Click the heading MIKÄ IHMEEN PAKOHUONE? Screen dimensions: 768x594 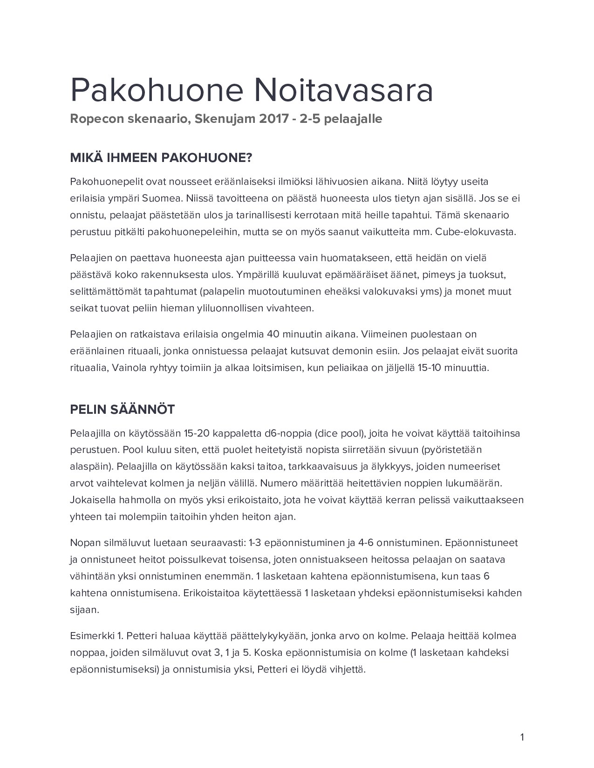[161, 158]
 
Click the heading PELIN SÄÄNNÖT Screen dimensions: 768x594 [122, 410]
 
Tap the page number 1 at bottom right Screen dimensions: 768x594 [522, 737]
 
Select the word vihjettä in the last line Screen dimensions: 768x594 [348, 669]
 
